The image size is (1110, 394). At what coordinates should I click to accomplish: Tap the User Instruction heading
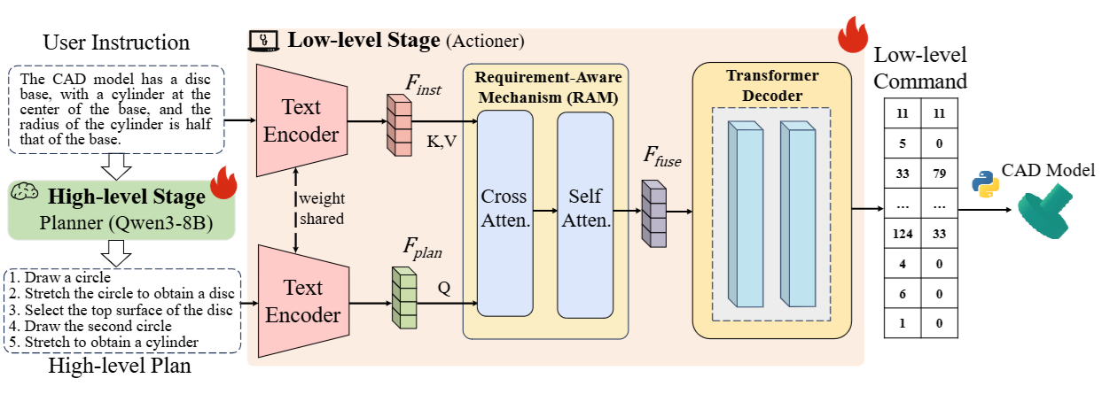click(x=116, y=42)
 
